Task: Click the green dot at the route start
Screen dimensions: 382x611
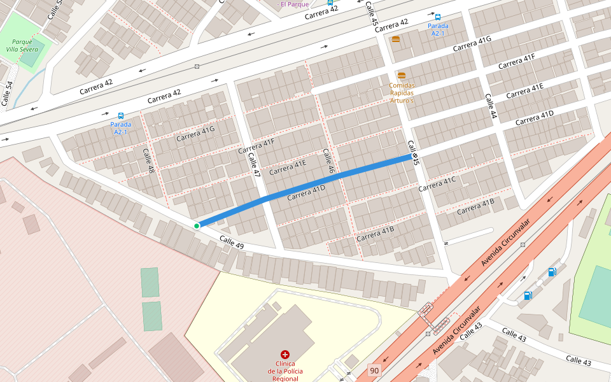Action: coord(197,226)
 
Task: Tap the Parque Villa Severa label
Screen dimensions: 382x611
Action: coord(22,45)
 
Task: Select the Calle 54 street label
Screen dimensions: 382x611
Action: coord(7,94)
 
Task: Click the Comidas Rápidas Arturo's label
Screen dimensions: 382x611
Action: coord(402,93)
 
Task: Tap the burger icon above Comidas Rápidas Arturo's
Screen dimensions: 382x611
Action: coord(401,76)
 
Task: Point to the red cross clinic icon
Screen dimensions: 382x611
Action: coord(284,354)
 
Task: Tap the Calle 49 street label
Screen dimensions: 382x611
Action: coord(232,243)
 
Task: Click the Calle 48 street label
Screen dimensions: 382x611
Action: coord(149,161)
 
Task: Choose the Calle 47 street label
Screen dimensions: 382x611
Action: coord(255,164)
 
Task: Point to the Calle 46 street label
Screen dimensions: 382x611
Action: coord(328,162)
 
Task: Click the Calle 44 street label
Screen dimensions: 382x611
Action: coord(489,106)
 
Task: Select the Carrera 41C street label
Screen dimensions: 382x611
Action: coord(437,184)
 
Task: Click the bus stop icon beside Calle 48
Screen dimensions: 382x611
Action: coord(121,117)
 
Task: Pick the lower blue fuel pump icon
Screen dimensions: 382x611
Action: coord(528,295)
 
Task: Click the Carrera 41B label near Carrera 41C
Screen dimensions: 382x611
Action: coord(475,206)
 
